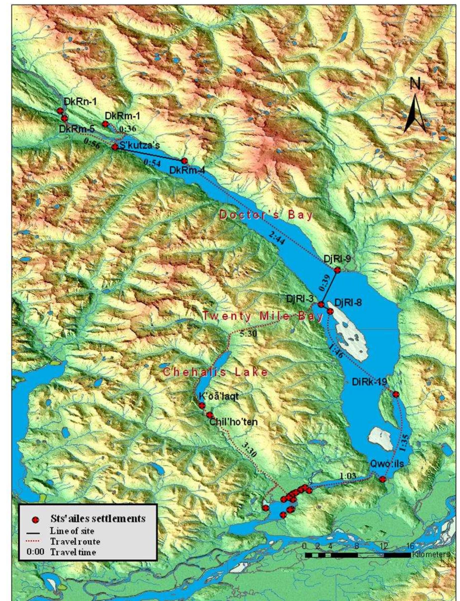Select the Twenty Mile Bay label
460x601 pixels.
(262, 317)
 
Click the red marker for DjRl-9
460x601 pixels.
(337, 270)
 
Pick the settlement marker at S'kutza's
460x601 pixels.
(115, 147)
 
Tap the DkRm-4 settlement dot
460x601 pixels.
(185, 161)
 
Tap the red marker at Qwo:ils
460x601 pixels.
(383, 479)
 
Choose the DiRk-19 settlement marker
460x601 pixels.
(396, 394)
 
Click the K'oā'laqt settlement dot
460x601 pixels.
(202, 406)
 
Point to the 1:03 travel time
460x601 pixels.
(348, 476)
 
